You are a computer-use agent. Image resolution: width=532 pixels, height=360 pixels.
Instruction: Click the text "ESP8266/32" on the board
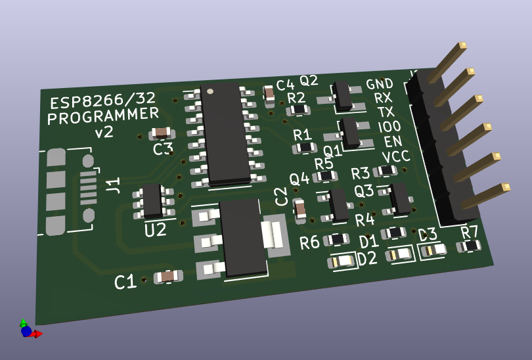[x=102, y=100]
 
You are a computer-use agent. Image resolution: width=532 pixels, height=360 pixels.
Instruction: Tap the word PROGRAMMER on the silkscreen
[x=103, y=116]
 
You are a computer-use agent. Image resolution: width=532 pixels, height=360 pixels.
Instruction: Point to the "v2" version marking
[x=104, y=131]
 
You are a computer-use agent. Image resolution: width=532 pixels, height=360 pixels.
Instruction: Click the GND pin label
[x=380, y=84]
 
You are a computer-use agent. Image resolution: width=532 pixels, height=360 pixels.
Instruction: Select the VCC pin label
[x=396, y=156]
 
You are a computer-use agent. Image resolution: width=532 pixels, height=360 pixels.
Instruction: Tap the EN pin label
[x=393, y=141]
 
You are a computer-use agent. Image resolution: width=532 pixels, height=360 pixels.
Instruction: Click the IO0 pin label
[x=389, y=127]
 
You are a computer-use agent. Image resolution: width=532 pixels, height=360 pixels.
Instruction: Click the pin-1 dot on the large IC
[x=210, y=91]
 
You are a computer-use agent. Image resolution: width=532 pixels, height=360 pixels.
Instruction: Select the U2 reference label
[x=156, y=230]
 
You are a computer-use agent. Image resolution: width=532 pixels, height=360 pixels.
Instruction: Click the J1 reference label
[x=113, y=185]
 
